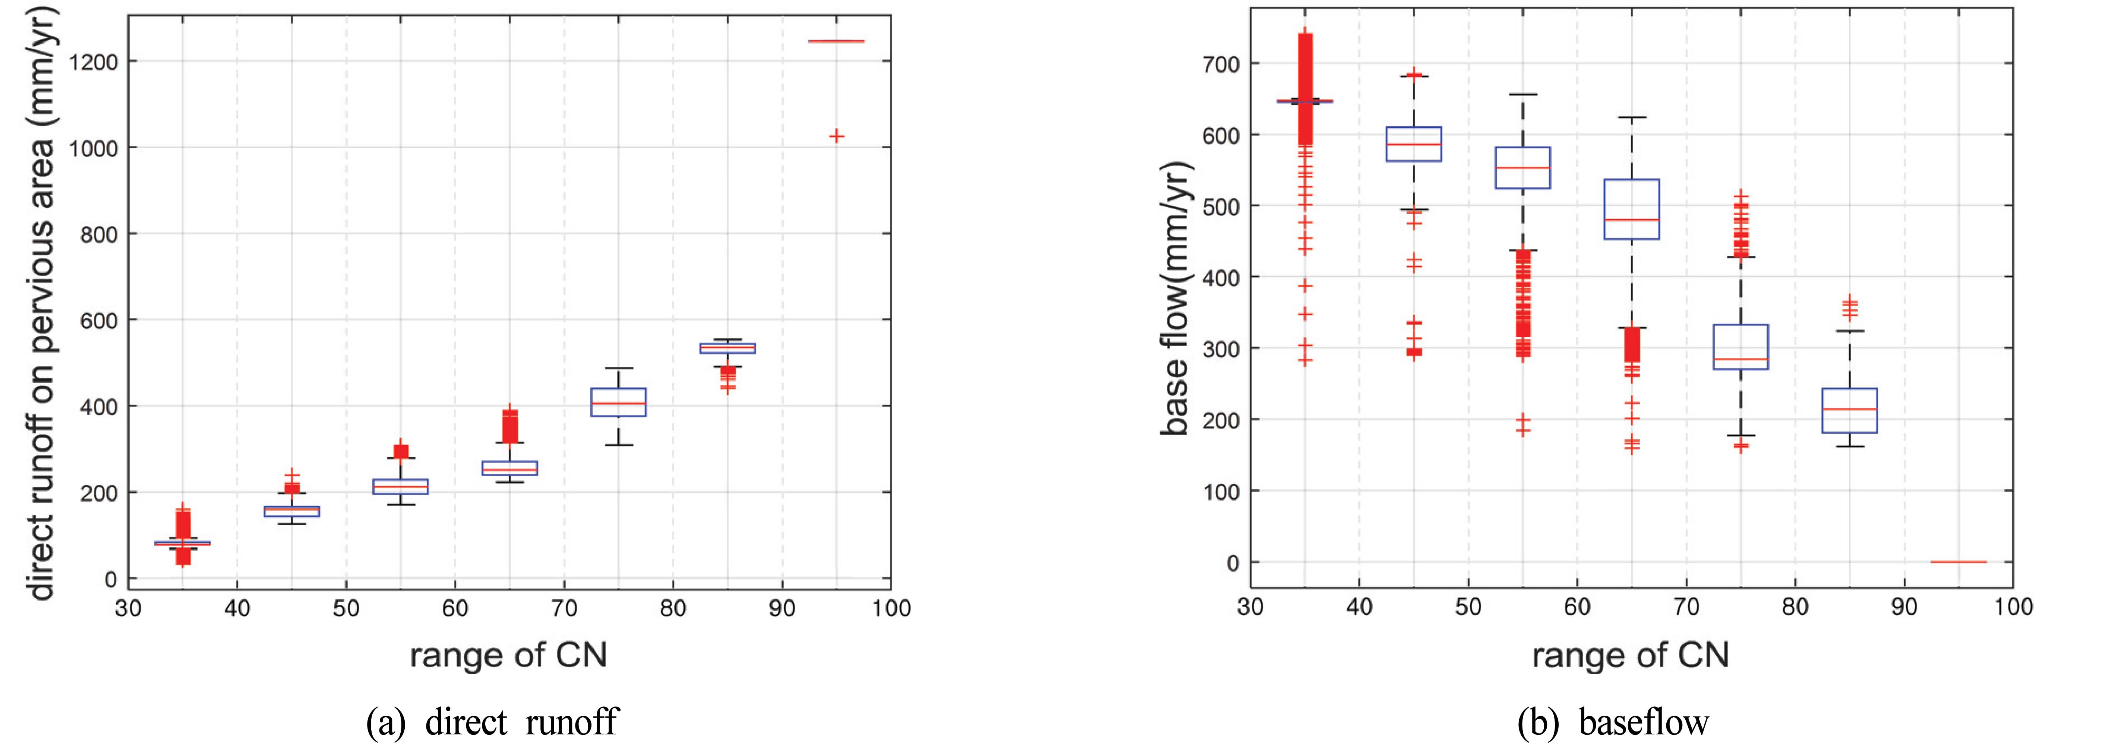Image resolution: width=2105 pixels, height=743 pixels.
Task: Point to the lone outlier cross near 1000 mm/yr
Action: click(x=836, y=136)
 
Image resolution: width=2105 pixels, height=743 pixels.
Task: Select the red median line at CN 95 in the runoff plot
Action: click(x=836, y=41)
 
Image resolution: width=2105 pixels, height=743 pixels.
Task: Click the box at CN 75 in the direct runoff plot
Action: click(x=619, y=402)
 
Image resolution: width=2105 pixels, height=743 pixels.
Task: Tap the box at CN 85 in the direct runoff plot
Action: click(x=727, y=348)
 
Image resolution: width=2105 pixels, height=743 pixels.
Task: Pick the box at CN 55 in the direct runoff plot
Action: click(x=400, y=486)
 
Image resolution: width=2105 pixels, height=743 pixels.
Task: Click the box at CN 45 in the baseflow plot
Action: click(x=1414, y=144)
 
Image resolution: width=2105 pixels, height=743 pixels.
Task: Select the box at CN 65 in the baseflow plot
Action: click(x=1632, y=209)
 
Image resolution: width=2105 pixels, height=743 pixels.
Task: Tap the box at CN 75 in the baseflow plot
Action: click(x=1741, y=347)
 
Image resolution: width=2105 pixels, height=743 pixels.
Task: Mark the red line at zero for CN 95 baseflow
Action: click(x=1958, y=562)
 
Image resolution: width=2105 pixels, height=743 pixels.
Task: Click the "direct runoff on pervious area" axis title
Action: click(x=41, y=302)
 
